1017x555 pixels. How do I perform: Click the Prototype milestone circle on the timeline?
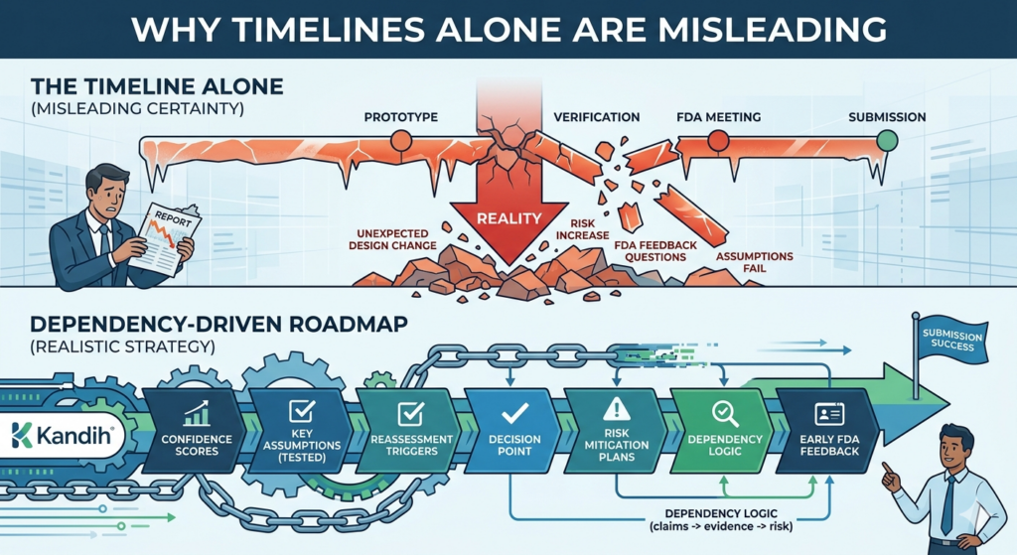[x=400, y=142]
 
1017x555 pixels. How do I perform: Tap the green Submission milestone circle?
[x=887, y=141]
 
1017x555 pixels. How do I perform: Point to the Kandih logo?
[x=61, y=434]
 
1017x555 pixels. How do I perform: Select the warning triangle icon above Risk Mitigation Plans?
[x=617, y=409]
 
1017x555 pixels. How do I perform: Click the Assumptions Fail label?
[x=755, y=262]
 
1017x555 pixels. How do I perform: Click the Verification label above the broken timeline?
[x=596, y=117]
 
